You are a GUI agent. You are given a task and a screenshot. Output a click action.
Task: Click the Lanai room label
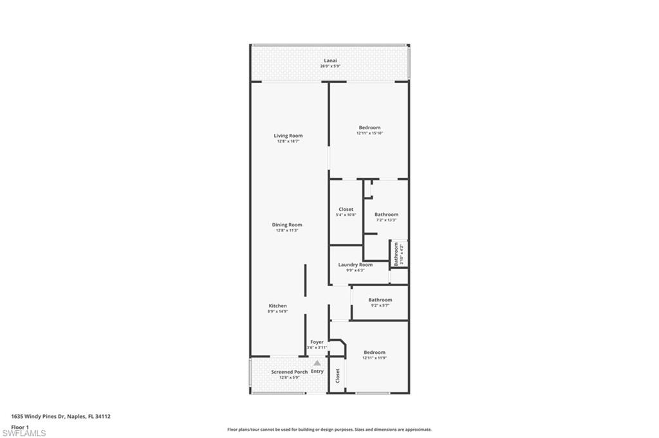329,60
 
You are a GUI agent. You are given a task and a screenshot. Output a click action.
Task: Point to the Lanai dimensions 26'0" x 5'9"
329,66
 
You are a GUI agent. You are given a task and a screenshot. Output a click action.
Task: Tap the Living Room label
288,136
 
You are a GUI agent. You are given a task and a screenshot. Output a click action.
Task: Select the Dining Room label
287,224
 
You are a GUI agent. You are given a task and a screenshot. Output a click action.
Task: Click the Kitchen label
278,306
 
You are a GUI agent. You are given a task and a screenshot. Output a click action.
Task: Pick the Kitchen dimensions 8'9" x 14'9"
278,311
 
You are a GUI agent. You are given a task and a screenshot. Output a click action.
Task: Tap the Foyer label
317,342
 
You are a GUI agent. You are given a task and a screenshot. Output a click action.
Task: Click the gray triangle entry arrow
317,363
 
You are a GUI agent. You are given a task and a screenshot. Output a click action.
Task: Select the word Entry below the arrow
317,372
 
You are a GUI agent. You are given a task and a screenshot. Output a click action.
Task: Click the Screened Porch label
289,372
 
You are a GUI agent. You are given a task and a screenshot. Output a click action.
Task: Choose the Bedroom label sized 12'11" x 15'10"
369,127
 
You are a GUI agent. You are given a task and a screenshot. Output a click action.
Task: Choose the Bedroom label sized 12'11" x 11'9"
375,352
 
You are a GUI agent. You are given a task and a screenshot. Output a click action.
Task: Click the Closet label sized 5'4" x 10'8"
346,209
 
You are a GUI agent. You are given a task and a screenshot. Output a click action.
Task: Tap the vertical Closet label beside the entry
337,376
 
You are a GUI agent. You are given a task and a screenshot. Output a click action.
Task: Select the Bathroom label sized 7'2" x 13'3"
386,214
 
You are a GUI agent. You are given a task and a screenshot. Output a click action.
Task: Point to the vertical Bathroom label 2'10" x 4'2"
396,254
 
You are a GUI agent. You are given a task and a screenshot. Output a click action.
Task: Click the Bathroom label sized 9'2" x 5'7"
380,300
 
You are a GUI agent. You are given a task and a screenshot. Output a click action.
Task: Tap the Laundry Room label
355,264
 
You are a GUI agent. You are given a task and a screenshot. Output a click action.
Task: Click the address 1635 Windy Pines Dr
61,416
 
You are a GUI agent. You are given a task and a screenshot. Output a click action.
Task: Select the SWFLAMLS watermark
24,433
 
